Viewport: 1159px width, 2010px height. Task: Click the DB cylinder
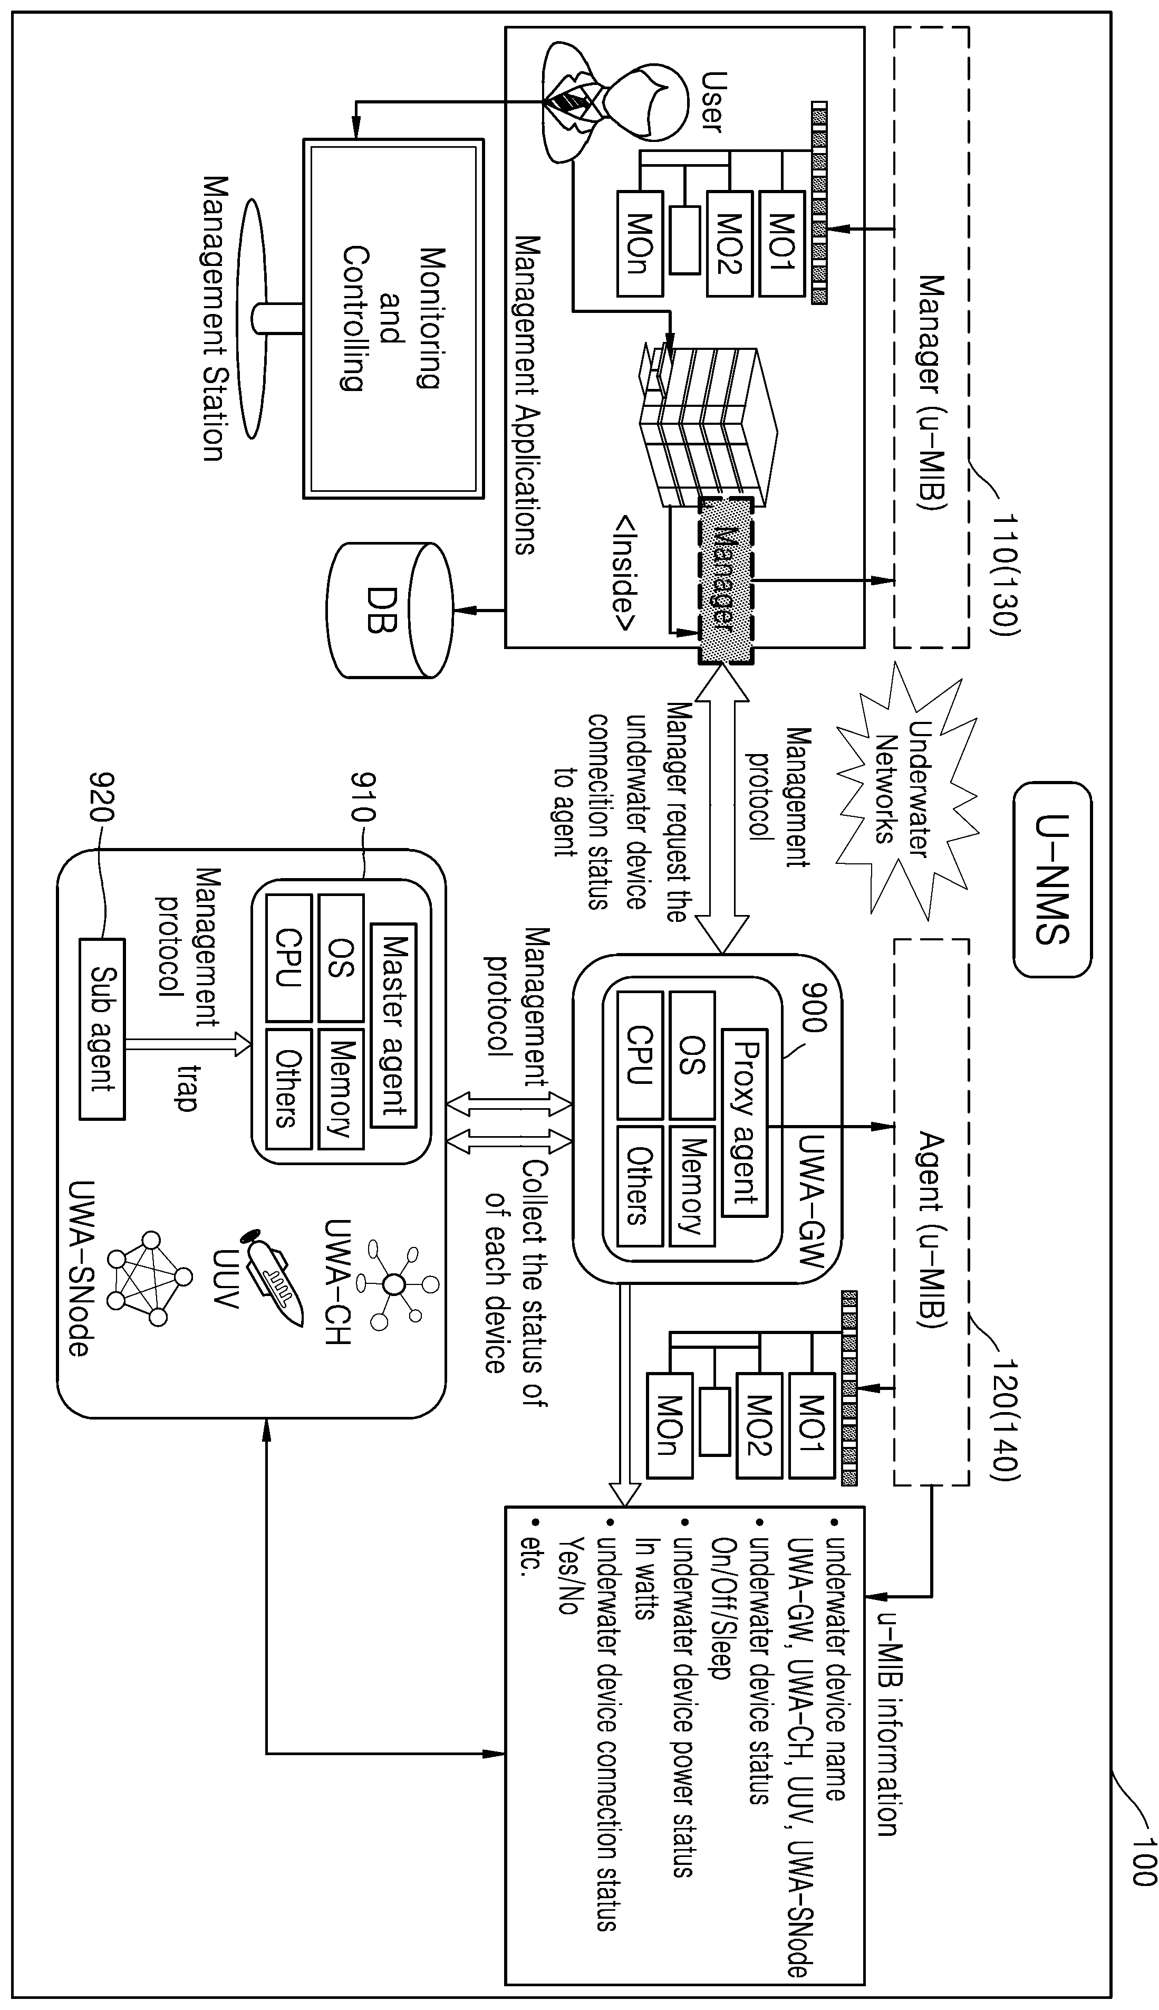(x=389, y=610)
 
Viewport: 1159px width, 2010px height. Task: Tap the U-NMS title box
(x=1052, y=879)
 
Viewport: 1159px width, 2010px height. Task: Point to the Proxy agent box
(x=744, y=1123)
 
